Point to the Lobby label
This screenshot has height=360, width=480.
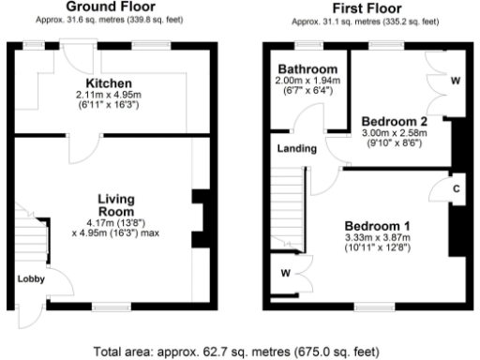[29, 278]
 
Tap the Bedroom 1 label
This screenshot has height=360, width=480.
[377, 226]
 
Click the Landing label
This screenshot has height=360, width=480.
[294, 149]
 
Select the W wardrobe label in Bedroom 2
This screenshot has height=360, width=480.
[454, 81]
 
